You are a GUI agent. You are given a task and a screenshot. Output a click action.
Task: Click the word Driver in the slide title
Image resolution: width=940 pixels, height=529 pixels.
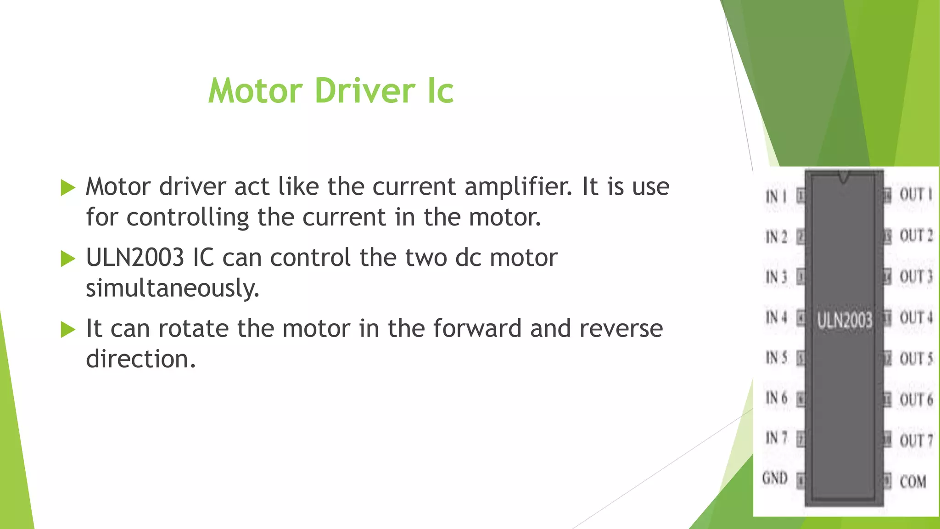pos(365,90)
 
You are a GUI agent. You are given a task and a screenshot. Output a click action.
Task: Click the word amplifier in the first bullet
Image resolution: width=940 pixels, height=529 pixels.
pos(518,186)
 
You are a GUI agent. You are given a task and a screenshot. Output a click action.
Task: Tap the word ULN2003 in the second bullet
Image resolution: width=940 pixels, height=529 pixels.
pos(135,257)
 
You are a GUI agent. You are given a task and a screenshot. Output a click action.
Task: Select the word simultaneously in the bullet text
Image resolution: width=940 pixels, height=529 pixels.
pos(173,288)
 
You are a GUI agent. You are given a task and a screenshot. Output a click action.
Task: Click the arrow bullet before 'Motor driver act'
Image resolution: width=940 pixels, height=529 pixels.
pos(68,187)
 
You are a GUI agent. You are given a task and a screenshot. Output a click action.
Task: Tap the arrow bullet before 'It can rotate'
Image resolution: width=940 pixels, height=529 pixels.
pos(68,329)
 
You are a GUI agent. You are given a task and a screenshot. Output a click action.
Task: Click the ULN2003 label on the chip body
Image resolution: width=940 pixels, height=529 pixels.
pos(844,320)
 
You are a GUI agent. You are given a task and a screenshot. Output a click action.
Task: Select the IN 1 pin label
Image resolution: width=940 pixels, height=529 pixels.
pos(776,197)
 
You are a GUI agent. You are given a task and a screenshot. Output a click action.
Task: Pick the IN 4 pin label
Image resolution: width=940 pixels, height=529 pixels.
pos(776,317)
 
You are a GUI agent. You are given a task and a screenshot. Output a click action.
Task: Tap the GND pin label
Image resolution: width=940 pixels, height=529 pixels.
pos(775,478)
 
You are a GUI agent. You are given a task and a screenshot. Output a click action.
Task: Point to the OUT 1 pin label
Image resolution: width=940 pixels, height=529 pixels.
pos(916,194)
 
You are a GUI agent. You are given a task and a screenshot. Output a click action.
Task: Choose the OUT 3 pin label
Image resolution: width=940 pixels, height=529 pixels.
pos(916,276)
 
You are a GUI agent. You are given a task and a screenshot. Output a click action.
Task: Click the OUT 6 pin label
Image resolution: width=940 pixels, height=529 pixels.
pos(916,400)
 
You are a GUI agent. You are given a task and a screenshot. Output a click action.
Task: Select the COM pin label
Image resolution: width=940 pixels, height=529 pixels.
pos(913,481)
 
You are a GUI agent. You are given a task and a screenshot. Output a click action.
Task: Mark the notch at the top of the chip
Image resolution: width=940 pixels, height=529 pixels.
pos(844,176)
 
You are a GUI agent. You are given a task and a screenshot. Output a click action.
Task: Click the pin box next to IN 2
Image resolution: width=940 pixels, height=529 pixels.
pos(800,237)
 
